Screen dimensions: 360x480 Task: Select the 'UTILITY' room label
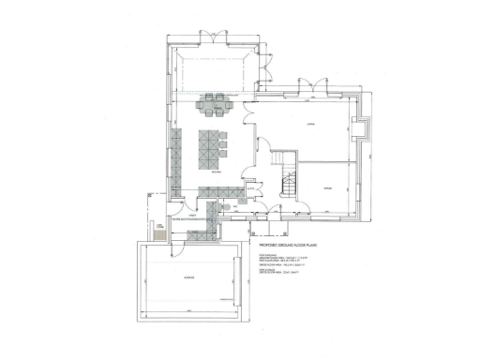coord(190,216)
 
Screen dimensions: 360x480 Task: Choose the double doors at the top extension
coord(214,38)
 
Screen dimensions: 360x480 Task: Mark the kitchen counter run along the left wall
coord(175,155)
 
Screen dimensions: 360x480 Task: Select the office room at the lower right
coord(328,187)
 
